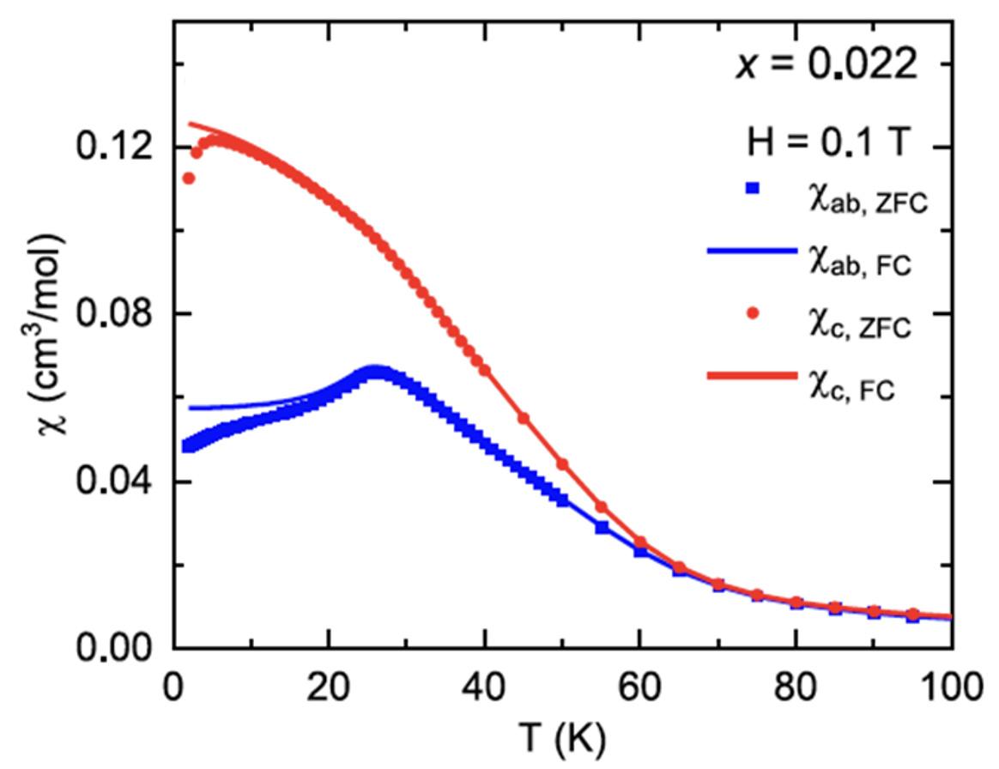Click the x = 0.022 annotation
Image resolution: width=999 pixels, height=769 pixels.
(x=826, y=66)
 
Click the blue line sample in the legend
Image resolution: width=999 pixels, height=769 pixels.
(x=751, y=252)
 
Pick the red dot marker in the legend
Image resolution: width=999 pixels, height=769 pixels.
(x=751, y=314)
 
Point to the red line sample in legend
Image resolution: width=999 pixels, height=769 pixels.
(x=751, y=376)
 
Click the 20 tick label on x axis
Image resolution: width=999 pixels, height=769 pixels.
(x=329, y=687)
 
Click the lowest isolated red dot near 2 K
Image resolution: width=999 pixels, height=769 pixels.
(x=189, y=179)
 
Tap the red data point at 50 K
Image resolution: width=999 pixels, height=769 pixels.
(x=563, y=464)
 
